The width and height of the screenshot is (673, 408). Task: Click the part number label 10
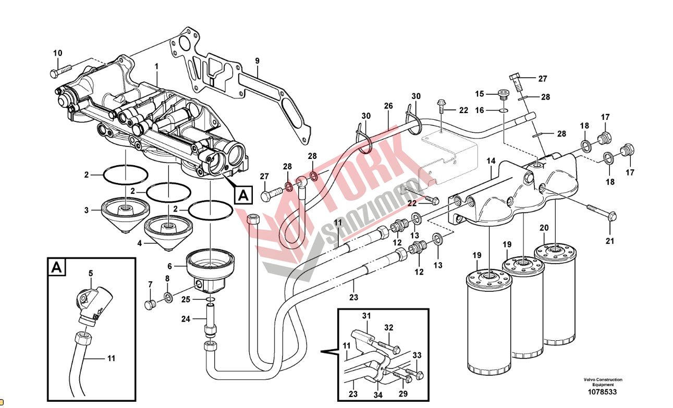(x=57, y=53)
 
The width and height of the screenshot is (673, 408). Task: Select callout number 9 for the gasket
(x=257, y=61)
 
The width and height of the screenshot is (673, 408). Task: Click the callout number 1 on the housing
(x=156, y=66)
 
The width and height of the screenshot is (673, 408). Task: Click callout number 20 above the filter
(x=544, y=228)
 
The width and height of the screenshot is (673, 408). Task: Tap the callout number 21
(x=610, y=241)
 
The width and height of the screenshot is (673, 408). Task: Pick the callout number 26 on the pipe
(x=388, y=106)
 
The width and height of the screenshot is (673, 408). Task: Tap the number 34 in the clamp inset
(x=377, y=394)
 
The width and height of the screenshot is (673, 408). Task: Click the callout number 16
(x=480, y=110)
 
